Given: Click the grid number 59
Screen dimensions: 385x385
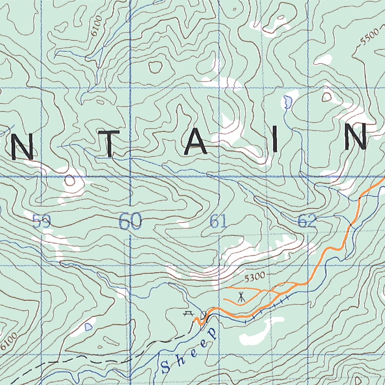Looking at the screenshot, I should (41, 221).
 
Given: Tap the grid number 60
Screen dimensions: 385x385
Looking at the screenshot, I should (130, 221).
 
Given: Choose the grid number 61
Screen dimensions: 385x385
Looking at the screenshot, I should (218, 222).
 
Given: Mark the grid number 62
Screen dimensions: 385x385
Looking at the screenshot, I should (307, 222).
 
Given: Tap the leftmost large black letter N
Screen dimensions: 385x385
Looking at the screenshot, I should (22, 147).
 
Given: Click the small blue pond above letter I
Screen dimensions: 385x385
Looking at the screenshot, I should (287, 101).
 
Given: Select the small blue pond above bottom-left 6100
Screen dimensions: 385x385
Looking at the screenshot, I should (88, 327).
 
